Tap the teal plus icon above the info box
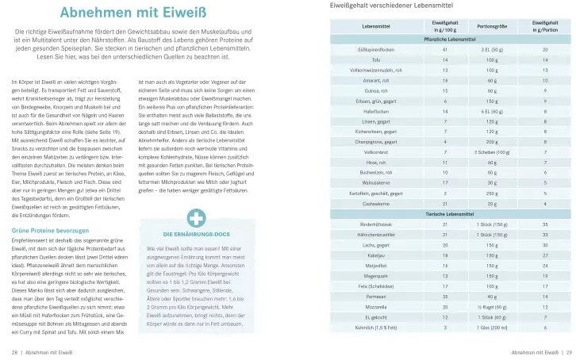pos(194,220)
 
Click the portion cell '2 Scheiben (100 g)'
pos(486,151)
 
